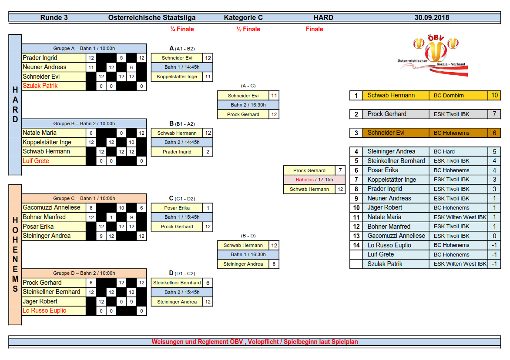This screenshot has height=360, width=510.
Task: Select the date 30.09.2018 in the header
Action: [x=432, y=17]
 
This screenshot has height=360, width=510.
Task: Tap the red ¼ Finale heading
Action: [x=182, y=29]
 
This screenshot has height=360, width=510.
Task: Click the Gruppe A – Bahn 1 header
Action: [x=84, y=48]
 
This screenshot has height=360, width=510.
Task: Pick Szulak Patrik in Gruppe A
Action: [x=40, y=86]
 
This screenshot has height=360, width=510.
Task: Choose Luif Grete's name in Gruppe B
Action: [x=36, y=161]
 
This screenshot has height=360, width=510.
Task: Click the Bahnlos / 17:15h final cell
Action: [x=314, y=180]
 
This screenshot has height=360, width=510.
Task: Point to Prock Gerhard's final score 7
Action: [x=340, y=170]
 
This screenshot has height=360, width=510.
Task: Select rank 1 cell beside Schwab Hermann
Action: [x=356, y=96]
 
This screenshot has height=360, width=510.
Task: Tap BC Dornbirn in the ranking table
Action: [x=449, y=96]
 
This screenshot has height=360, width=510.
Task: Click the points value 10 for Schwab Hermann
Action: [x=494, y=95]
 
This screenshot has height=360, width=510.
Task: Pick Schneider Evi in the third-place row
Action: [x=386, y=133]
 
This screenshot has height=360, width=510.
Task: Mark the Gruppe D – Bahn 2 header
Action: [x=84, y=273]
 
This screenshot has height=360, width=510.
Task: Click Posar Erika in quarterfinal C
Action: [x=177, y=208]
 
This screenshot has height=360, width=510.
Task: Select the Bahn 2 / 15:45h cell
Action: [x=182, y=292]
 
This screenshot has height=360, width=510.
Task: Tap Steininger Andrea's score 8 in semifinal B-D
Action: [x=274, y=264]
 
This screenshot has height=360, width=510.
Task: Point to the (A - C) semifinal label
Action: [x=248, y=86]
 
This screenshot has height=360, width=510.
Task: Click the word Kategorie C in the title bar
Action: [x=243, y=17]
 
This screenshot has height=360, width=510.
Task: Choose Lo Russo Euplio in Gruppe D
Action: [x=44, y=310]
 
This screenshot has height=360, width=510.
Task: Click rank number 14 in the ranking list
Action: [x=356, y=245]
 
